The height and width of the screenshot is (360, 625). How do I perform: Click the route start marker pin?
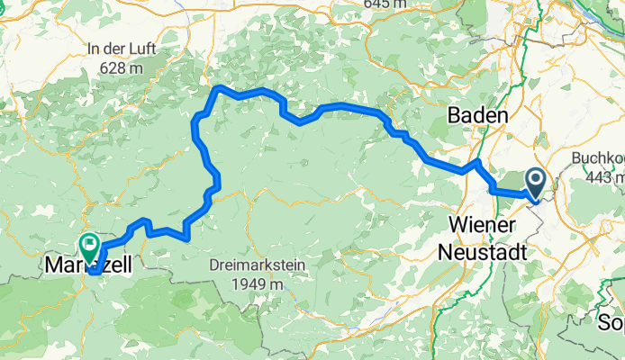[535, 184]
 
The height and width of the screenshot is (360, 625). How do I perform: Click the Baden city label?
[478, 116]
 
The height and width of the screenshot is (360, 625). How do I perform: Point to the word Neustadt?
[482, 252]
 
